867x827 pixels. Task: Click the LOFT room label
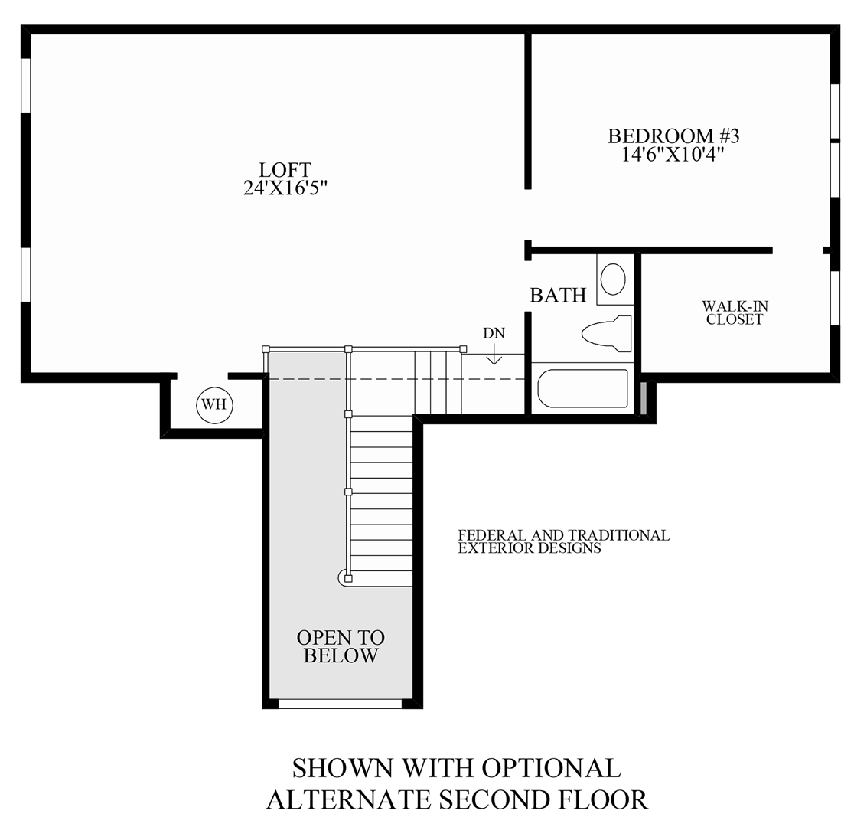tap(285, 169)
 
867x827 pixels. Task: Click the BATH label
tap(558, 295)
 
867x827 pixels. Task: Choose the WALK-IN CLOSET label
tap(735, 313)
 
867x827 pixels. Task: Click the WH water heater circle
tap(214, 405)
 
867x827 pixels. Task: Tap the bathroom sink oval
tap(613, 279)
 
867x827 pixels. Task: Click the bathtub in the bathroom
tap(582, 389)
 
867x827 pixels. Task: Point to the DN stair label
tap(494, 333)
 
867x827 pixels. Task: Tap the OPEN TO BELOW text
tap(341, 647)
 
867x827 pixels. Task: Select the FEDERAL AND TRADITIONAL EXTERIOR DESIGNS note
tap(563, 541)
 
